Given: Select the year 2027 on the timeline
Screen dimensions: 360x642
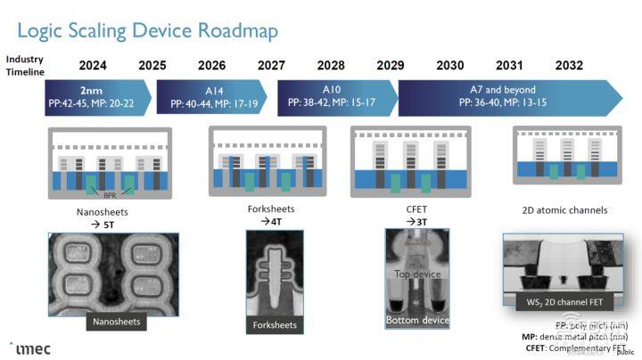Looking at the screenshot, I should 271,66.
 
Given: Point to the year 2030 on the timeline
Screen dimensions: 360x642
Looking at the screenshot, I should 449,66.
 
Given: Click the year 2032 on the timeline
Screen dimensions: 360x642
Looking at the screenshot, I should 568,66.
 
